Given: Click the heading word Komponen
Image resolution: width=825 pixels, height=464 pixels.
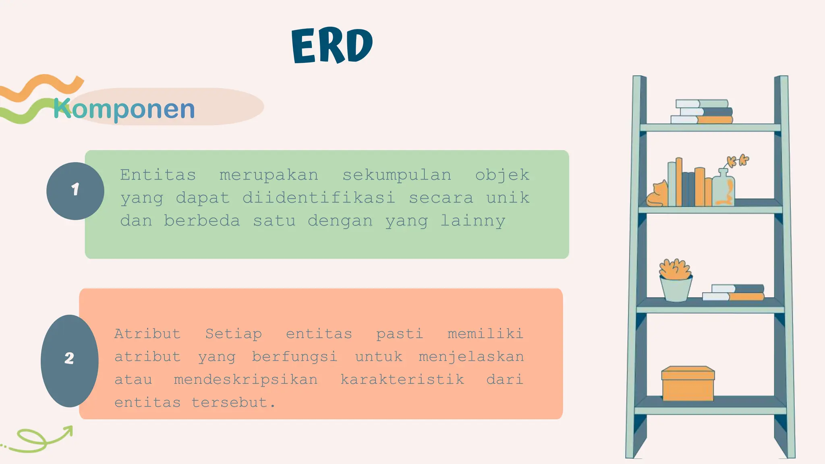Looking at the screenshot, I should click(x=124, y=109).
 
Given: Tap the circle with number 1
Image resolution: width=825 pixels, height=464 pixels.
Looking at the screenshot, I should click(x=75, y=191).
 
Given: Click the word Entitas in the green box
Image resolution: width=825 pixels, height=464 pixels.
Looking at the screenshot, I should click(x=158, y=175).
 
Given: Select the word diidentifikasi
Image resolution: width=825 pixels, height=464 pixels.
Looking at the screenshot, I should click(x=319, y=198).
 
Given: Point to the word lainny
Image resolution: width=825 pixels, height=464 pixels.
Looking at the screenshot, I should click(x=473, y=221).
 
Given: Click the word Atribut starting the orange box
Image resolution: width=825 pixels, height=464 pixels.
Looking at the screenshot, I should click(x=147, y=333).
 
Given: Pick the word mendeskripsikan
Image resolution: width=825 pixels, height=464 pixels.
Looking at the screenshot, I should click(x=246, y=379).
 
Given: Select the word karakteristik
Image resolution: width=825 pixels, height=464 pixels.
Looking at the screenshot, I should click(x=402, y=379).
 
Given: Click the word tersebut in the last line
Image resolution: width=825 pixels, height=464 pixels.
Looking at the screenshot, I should click(x=233, y=402).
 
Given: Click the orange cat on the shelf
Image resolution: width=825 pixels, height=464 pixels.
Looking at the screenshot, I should click(x=657, y=195).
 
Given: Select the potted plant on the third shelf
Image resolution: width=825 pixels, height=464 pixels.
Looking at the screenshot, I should click(x=676, y=280).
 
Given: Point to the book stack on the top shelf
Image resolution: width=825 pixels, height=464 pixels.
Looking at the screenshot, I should click(x=702, y=112).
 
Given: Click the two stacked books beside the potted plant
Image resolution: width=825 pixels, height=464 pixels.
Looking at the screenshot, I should click(x=733, y=292).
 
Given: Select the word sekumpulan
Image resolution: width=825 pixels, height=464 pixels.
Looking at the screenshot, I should click(x=397, y=175).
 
